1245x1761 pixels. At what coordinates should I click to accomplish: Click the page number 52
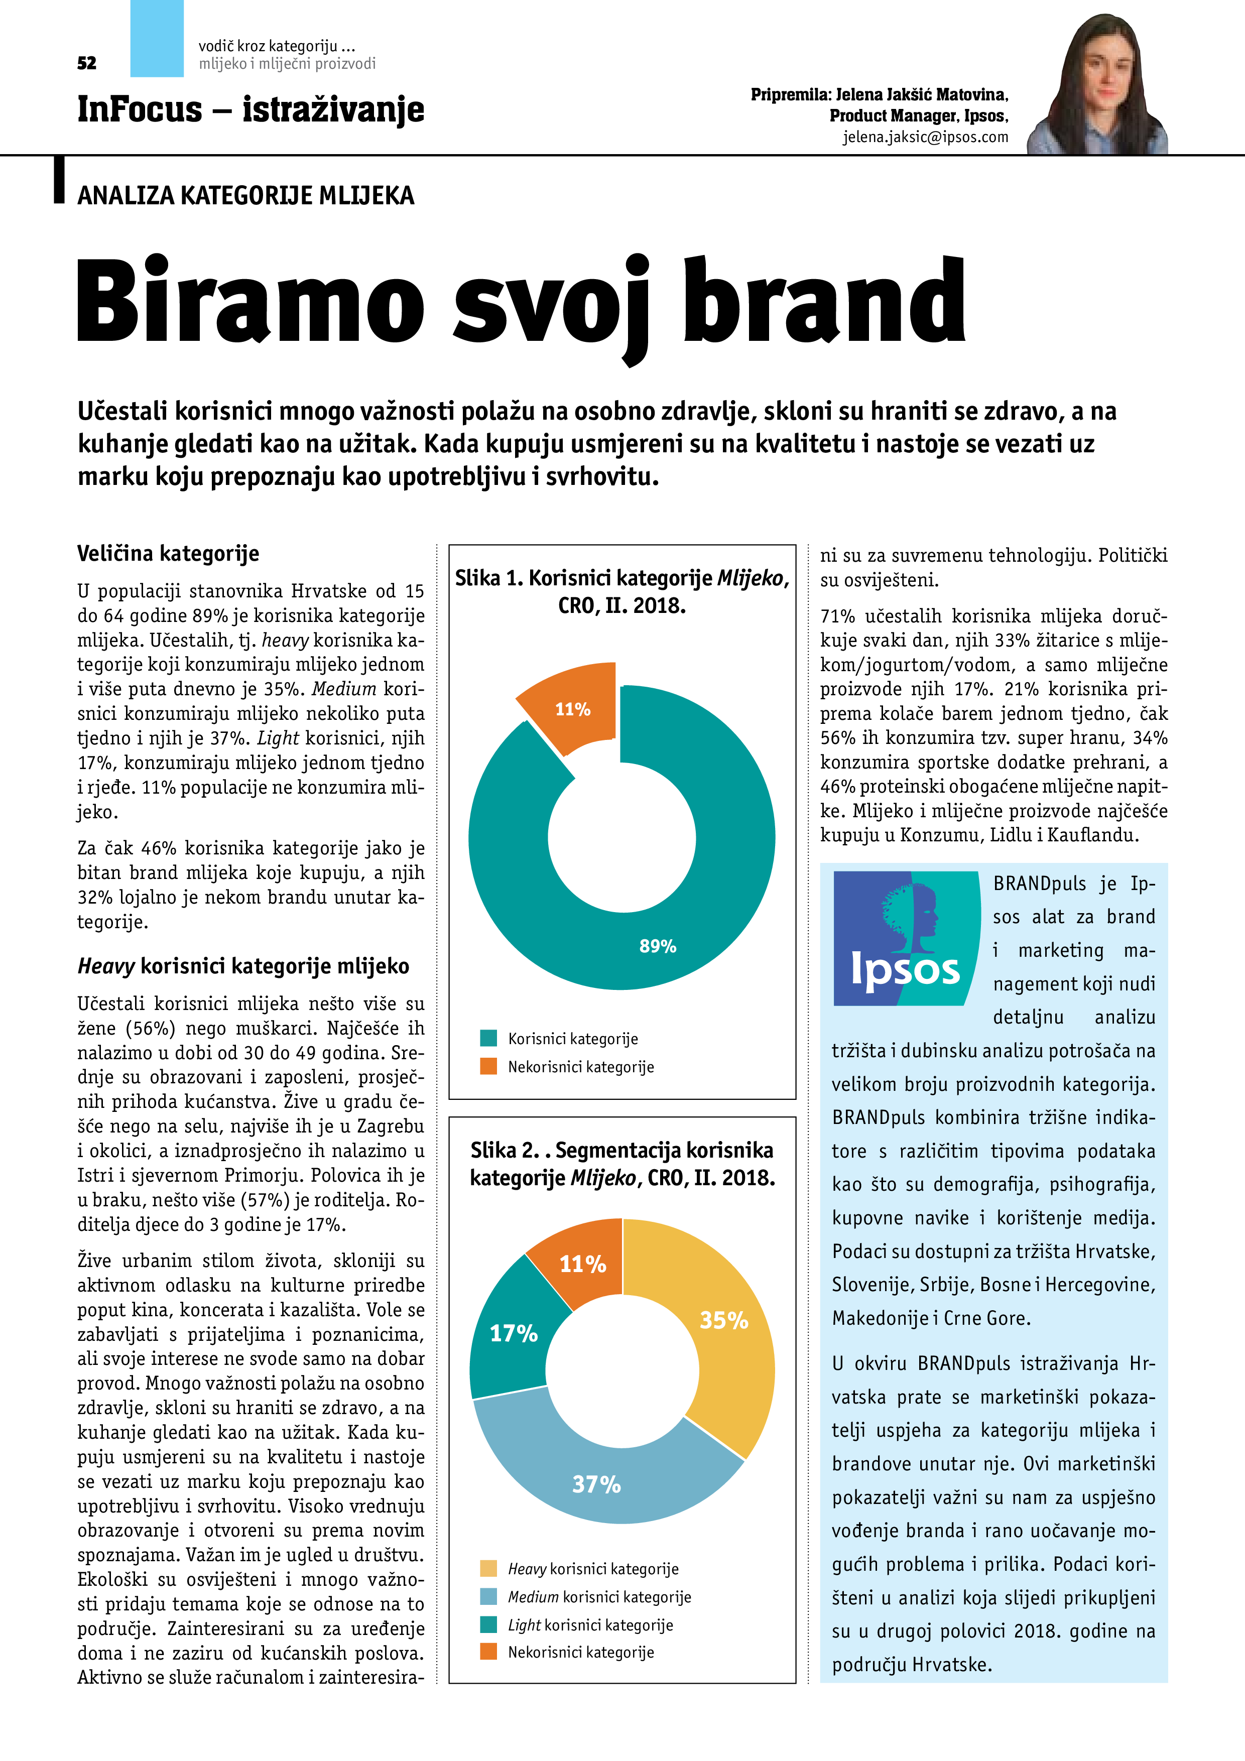87,63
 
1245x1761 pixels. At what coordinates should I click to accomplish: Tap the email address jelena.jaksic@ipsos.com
925,137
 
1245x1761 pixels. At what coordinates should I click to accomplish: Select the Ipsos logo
906,938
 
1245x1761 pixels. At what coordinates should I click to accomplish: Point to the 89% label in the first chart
658,946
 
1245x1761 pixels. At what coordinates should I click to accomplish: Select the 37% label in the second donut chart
596,1484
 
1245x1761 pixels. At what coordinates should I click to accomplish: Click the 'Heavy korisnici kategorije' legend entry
592,1569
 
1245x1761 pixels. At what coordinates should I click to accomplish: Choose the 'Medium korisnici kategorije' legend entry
598,1597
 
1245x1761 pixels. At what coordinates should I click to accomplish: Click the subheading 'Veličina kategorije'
168,553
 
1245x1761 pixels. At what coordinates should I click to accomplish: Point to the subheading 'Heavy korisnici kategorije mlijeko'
243,966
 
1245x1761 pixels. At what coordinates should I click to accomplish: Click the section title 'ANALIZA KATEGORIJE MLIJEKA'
245,196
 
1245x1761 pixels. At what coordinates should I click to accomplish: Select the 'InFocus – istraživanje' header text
250,109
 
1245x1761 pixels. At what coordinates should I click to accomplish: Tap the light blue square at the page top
157,38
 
